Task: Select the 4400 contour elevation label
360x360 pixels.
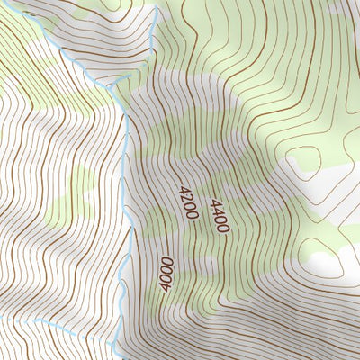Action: [219, 216]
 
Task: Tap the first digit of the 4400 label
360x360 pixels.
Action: [214, 202]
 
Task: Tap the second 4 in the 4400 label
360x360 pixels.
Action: [217, 211]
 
